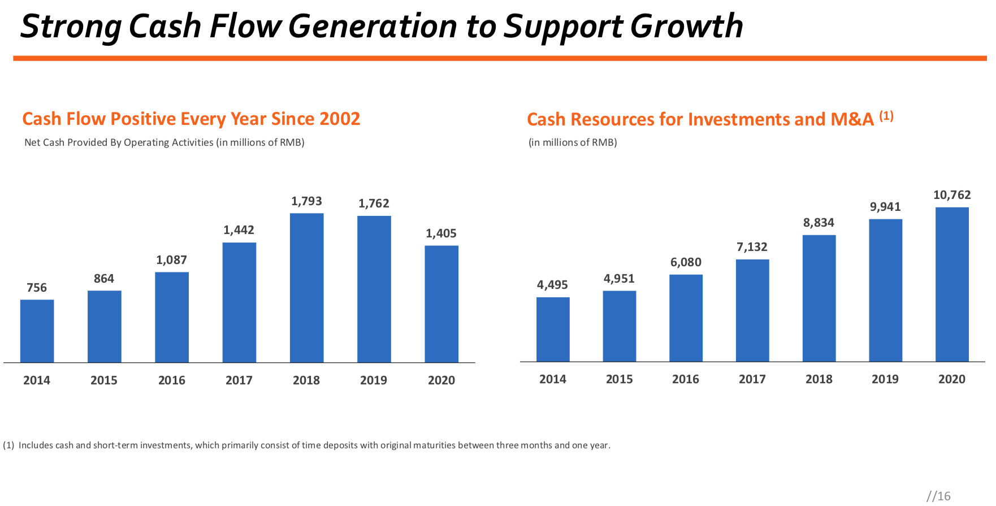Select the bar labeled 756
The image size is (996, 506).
click(x=37, y=331)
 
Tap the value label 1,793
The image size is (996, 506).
click(x=306, y=201)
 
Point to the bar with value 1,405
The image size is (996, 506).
click(x=441, y=304)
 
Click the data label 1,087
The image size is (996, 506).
click(x=171, y=260)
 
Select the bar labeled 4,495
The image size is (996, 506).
click(x=553, y=329)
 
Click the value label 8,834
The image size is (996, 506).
click(x=819, y=223)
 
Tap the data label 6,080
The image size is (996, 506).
click(x=686, y=262)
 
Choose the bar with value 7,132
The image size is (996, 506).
click(x=752, y=310)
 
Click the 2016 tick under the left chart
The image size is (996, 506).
click(x=171, y=380)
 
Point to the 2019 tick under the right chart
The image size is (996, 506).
click(x=885, y=379)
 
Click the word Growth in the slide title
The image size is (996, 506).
click(x=686, y=26)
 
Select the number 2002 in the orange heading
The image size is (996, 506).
click(x=340, y=119)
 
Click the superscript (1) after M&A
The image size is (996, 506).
click(x=886, y=116)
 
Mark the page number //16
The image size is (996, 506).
click(x=938, y=496)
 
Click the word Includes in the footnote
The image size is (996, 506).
click(x=36, y=446)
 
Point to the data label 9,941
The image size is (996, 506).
click(x=885, y=207)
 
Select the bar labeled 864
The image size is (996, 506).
click(x=104, y=326)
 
